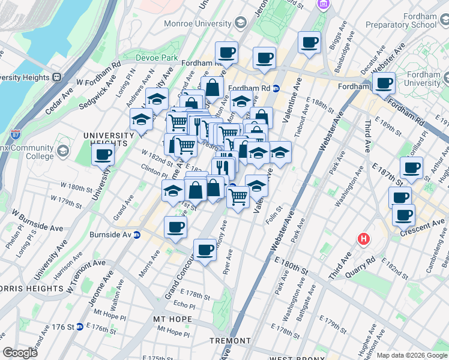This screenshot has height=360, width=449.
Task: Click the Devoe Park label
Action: click(x=157, y=58)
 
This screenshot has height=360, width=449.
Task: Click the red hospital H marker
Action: click(x=363, y=239)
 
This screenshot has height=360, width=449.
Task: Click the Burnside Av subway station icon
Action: click(x=137, y=234)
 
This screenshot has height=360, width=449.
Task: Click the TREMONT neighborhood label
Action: click(x=230, y=341)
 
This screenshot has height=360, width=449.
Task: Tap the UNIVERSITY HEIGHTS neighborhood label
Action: click(x=108, y=139)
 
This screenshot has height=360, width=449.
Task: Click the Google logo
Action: click(x=20, y=353)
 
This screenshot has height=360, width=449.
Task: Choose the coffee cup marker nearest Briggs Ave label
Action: click(x=309, y=42)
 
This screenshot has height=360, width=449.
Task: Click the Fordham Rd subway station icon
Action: click(x=276, y=88)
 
